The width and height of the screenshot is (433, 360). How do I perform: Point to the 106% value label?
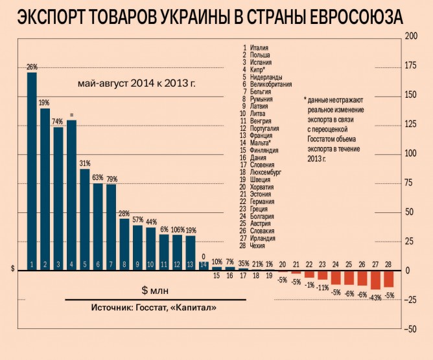178,230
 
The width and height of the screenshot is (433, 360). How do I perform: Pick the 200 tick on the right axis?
410,37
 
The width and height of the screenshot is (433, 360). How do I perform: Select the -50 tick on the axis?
410,330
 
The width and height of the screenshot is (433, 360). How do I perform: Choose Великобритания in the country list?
270,84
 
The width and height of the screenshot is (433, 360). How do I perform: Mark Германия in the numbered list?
263,202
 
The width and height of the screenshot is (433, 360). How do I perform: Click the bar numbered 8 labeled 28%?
124,244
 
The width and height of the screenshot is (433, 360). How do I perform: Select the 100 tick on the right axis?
410,153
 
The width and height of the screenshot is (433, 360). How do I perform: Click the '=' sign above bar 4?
71,115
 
